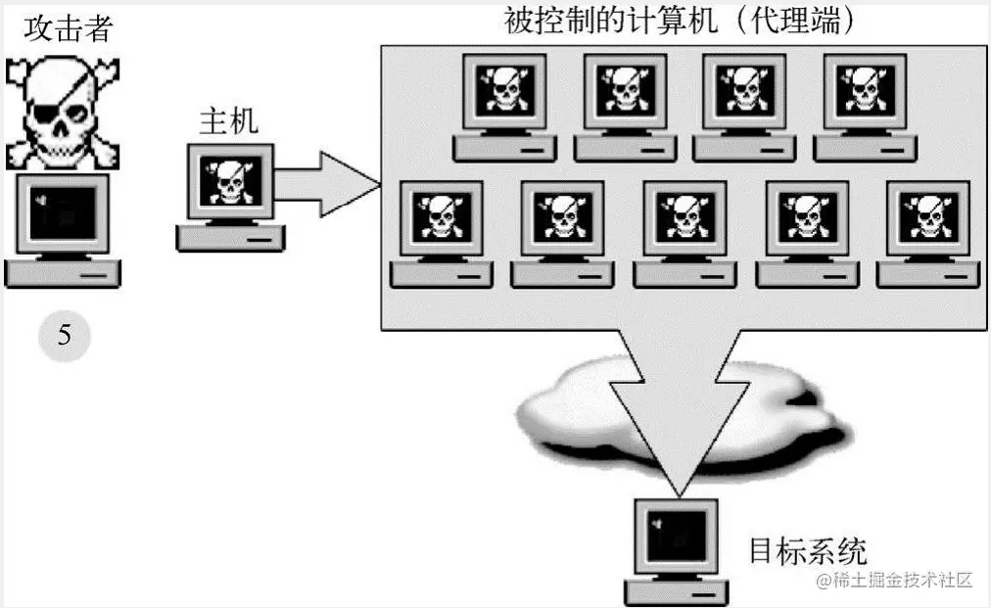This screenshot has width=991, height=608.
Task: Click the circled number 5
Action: point(64,337)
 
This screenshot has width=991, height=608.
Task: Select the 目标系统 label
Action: point(808,550)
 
